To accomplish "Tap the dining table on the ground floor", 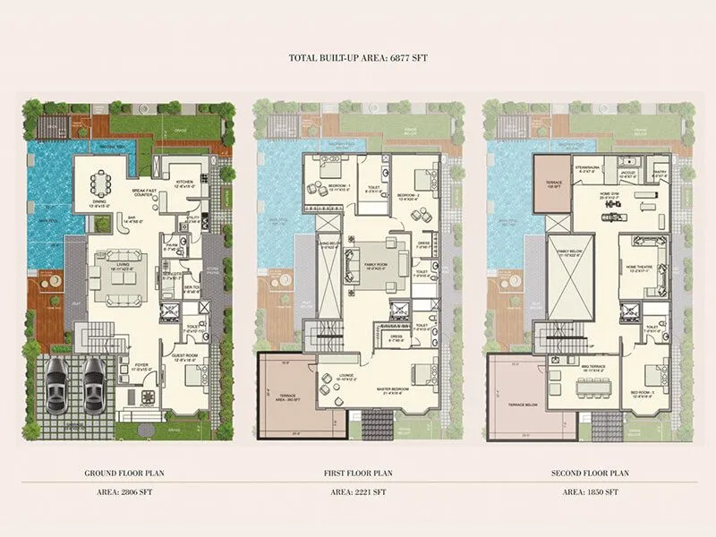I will coord(99,186).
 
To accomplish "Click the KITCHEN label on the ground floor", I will coord(185,181).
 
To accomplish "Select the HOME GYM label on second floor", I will coord(612,194).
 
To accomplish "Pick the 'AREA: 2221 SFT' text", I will coord(358,491).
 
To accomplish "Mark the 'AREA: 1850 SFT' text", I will coord(586,491).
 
